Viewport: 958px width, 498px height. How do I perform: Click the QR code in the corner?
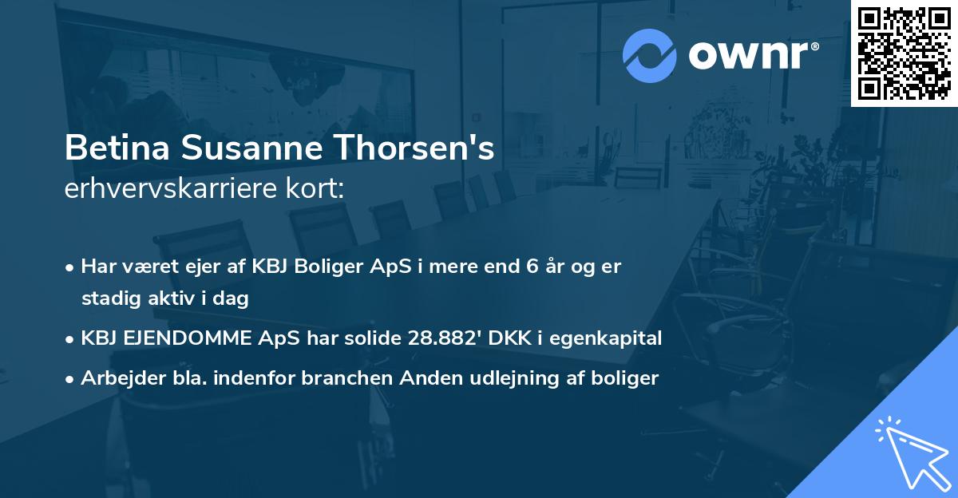click(x=904, y=53)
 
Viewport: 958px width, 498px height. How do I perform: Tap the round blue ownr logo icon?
click(x=650, y=55)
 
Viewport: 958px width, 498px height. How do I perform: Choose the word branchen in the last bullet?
click(x=337, y=378)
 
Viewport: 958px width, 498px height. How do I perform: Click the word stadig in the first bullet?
click(x=106, y=299)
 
